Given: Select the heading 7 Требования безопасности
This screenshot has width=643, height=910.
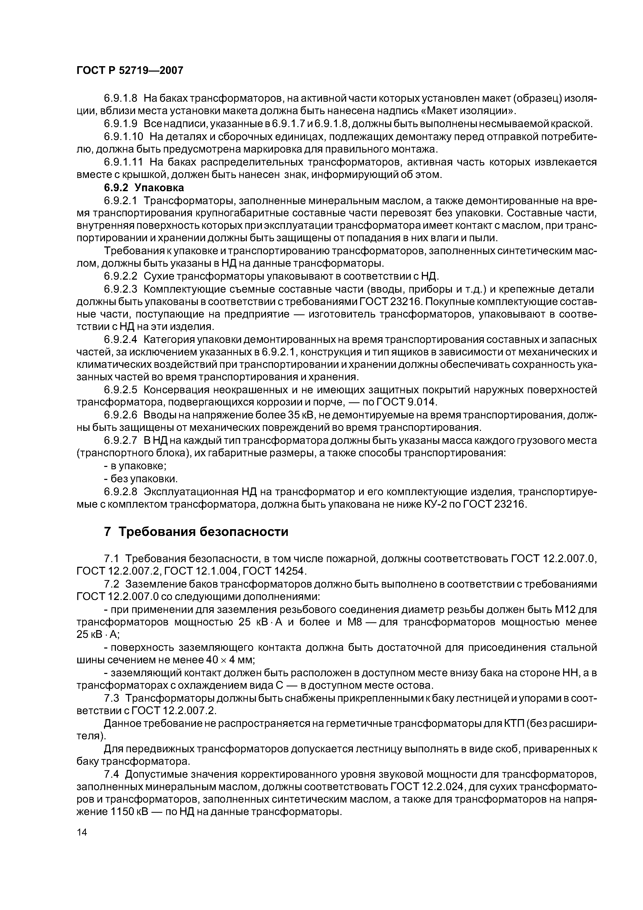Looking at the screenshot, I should pos(196,532).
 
